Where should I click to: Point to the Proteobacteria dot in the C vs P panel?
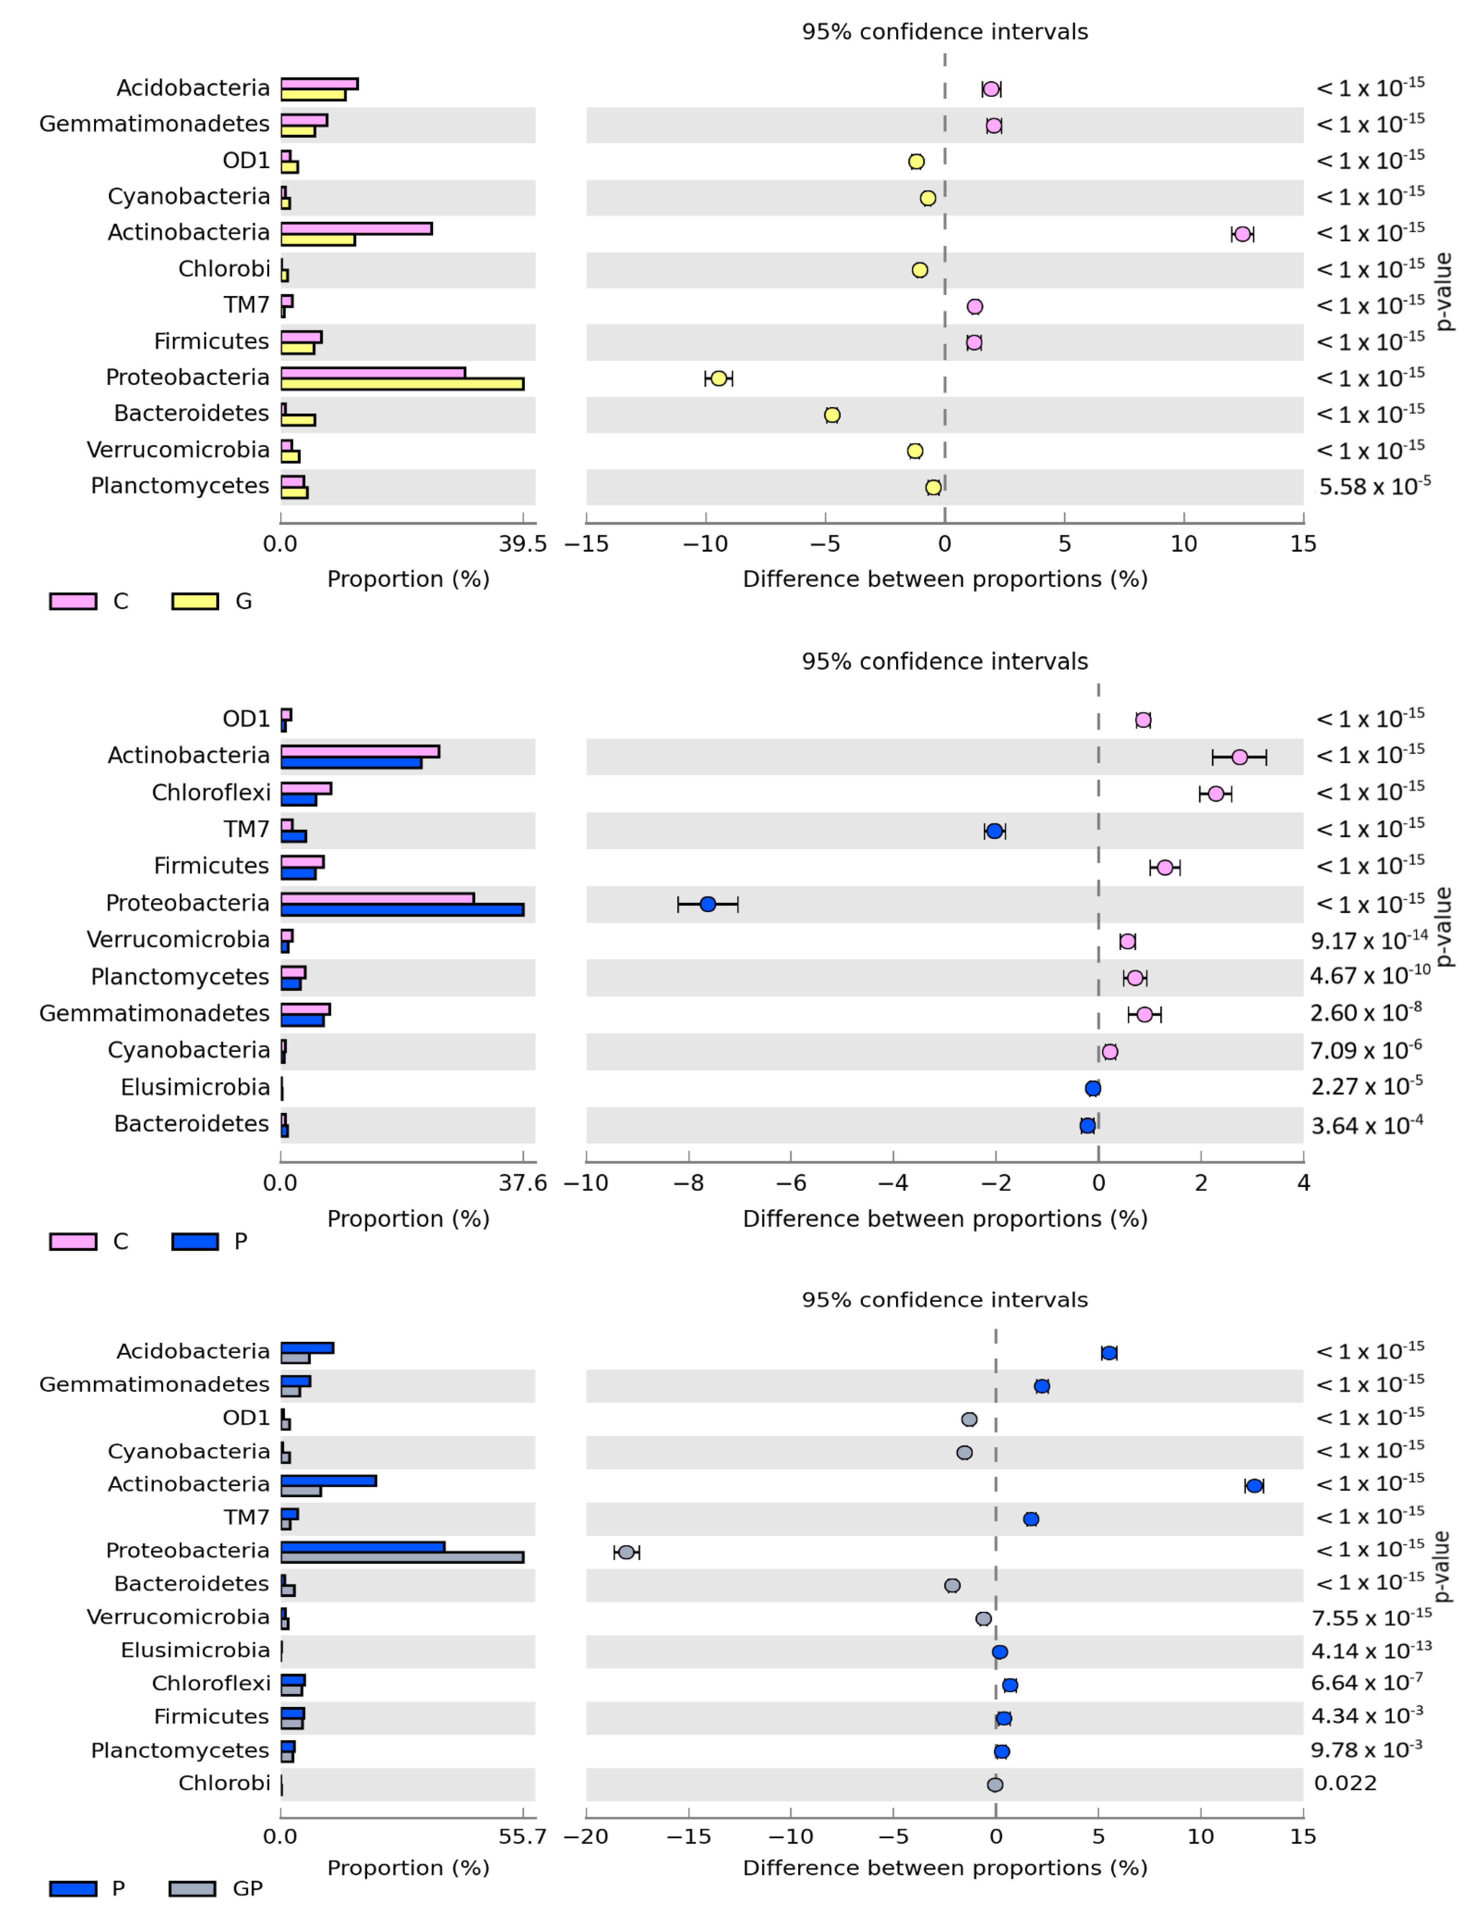[708, 904]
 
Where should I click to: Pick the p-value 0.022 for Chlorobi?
[1345, 1783]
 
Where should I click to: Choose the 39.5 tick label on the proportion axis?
[522, 545]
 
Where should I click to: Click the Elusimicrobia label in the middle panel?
[196, 1088]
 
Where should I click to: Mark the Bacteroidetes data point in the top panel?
[832, 415]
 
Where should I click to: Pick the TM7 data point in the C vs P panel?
[994, 831]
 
